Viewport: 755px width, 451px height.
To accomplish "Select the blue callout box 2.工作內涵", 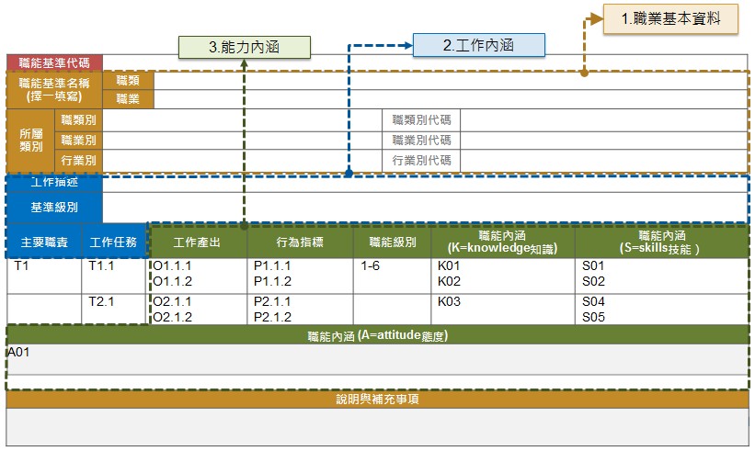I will [478, 45].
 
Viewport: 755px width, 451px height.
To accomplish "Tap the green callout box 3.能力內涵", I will [245, 47].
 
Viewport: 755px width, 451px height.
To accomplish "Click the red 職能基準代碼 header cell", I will [54, 62].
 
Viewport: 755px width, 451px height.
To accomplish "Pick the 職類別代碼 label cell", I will [421, 119].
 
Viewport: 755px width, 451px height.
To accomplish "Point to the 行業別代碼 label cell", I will [421, 161].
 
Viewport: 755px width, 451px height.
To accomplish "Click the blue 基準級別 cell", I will [54, 208].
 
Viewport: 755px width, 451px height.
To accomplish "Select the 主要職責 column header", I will [41, 242].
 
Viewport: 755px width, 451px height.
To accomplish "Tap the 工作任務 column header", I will [113, 242].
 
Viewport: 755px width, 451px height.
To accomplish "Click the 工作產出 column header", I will [197, 242].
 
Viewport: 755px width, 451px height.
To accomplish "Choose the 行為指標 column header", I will [300, 242].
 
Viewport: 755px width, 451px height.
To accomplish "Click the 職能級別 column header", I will [393, 242].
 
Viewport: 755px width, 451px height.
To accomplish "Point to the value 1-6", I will [371, 266].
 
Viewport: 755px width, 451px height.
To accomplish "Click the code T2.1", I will [101, 302].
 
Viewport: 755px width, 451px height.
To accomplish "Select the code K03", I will [449, 302].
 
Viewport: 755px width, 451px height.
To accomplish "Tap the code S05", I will [594, 317].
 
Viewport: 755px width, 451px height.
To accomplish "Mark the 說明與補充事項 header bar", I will [378, 400].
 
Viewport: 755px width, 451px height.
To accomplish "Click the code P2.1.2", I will [272, 317].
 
